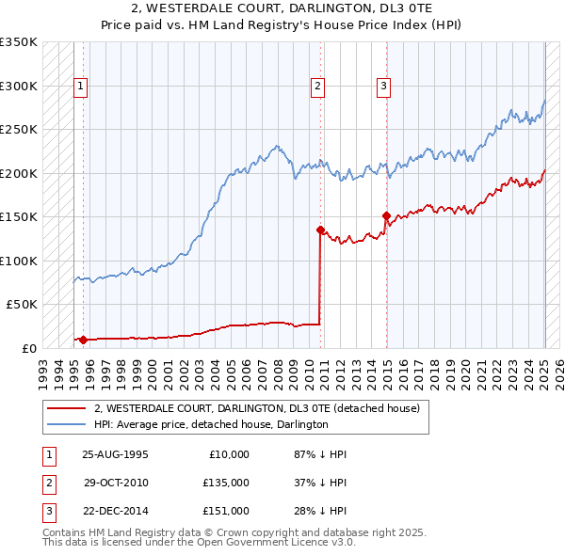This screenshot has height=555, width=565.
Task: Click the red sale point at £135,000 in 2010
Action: click(x=320, y=230)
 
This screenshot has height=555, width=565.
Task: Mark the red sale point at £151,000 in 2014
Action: click(x=386, y=215)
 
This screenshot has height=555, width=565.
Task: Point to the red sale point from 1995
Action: click(x=83, y=340)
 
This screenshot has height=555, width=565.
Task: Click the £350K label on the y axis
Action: click(x=18, y=42)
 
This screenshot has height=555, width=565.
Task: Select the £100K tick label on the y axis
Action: click(x=18, y=261)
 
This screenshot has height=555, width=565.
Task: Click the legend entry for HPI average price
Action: click(x=210, y=424)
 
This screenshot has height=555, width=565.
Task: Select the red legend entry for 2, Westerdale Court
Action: click(x=262, y=407)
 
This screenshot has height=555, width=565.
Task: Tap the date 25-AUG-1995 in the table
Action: click(x=115, y=454)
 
